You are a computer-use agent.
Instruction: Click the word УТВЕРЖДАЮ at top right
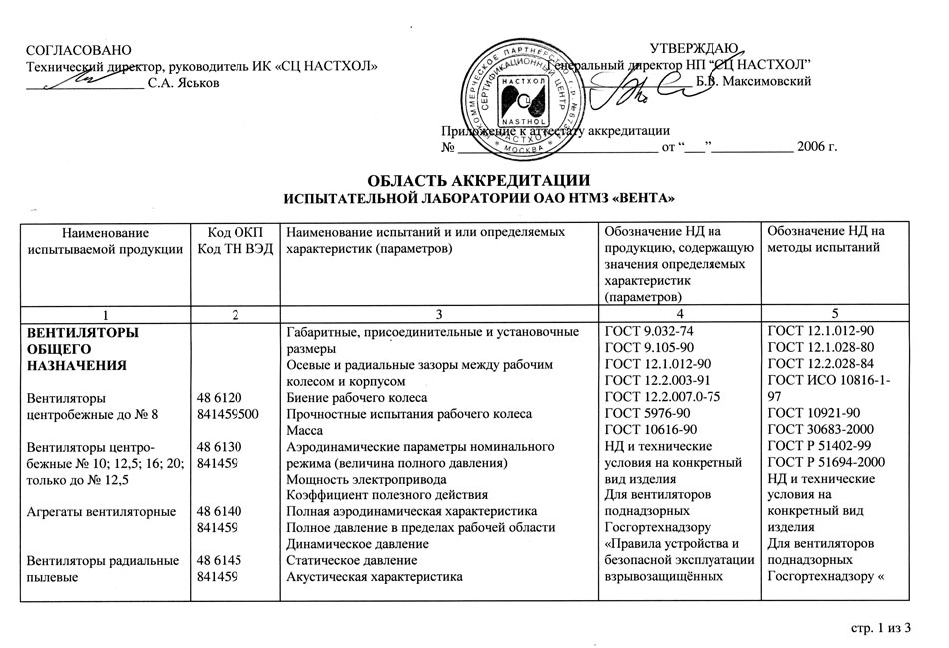pos(694,48)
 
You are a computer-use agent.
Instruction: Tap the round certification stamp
pos(515,97)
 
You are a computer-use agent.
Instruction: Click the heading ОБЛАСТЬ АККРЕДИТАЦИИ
pos(473,180)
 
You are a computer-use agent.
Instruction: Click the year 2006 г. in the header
pos(816,149)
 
